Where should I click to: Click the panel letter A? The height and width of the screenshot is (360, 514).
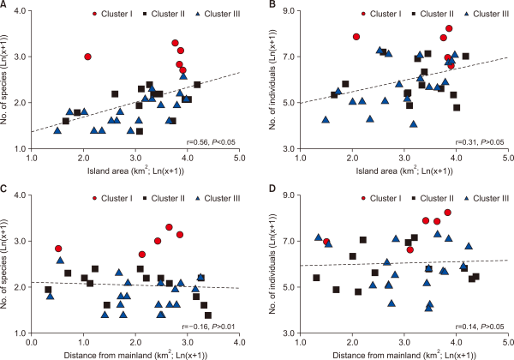[x=5, y=5]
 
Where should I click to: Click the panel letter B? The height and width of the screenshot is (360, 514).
[x=272, y=5]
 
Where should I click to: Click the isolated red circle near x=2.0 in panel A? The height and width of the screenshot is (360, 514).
[x=87, y=57]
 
